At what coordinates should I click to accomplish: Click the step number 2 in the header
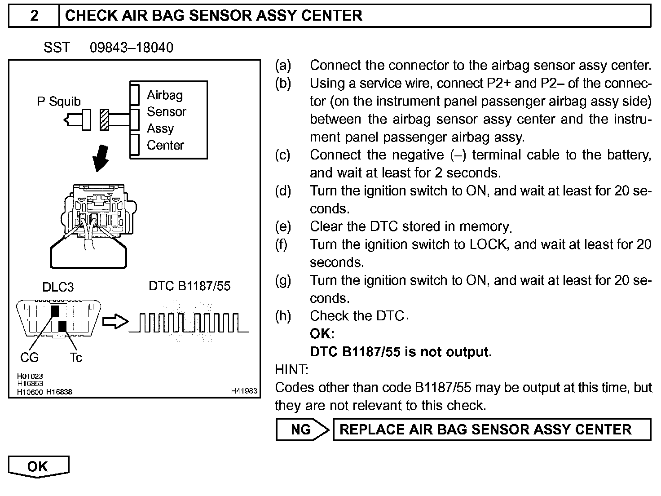click(34, 16)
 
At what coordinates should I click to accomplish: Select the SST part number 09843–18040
click(131, 48)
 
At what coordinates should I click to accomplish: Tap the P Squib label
click(58, 102)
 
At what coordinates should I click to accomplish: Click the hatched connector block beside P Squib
click(105, 120)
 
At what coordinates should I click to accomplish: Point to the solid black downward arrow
click(100, 158)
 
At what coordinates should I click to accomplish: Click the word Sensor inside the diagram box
click(166, 111)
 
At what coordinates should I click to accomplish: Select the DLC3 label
click(58, 287)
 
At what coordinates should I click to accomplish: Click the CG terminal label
click(30, 358)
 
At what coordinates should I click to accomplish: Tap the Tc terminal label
click(76, 358)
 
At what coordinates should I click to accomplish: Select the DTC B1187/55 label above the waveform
click(189, 286)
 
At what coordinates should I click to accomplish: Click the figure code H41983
click(244, 391)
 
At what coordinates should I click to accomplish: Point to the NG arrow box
click(302, 430)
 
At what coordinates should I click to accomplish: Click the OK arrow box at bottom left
click(39, 466)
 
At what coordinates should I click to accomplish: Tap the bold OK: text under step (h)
click(322, 334)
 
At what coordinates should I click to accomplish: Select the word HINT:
click(291, 370)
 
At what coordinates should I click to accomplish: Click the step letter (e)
click(283, 226)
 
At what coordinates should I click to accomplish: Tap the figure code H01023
click(30, 376)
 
